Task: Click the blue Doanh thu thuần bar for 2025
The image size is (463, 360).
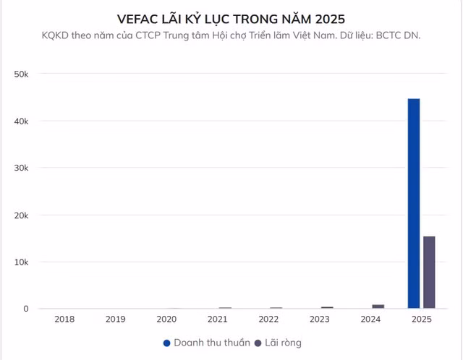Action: [x=414, y=204]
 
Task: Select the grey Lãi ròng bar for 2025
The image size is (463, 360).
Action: [x=429, y=273]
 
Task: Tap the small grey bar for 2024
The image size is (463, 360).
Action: [x=378, y=307]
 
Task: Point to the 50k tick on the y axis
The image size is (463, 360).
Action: [x=21, y=74]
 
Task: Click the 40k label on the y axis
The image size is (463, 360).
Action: [x=21, y=121]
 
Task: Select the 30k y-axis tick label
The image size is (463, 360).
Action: [x=21, y=168]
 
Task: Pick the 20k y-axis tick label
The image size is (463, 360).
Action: [x=21, y=215]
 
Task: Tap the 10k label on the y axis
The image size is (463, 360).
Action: [x=21, y=262]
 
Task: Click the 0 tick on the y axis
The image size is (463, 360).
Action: [x=25, y=309]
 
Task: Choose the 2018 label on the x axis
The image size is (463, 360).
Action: [x=64, y=320]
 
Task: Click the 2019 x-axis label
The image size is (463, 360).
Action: [x=115, y=320]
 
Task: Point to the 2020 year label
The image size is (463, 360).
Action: [x=166, y=320]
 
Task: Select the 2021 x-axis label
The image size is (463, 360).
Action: [x=218, y=320]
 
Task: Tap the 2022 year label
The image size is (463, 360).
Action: [x=269, y=320]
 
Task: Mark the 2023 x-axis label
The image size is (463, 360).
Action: [x=320, y=320]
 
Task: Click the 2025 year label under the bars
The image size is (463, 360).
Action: [x=422, y=320]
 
